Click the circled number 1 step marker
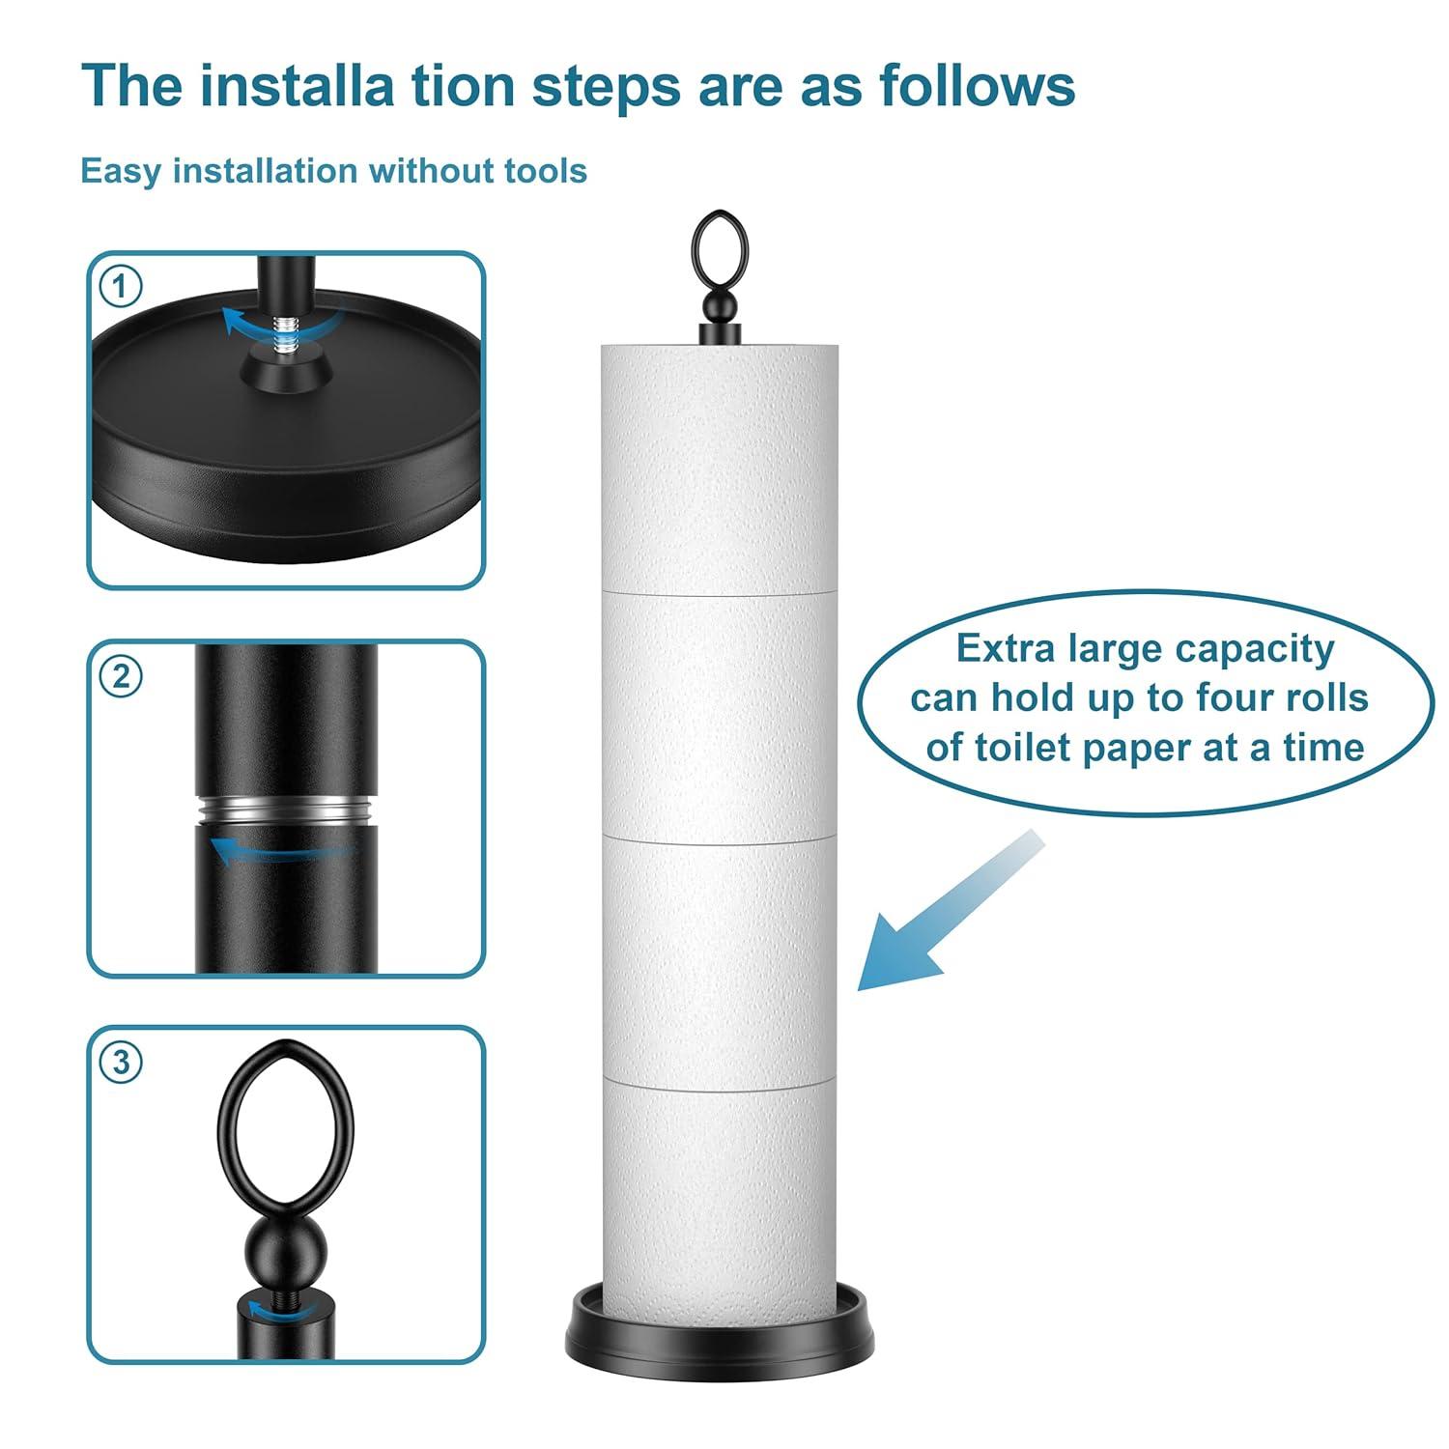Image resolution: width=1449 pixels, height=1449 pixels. tap(121, 287)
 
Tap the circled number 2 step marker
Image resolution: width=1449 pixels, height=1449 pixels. tap(121, 676)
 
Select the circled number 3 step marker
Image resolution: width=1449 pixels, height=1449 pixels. tap(121, 1062)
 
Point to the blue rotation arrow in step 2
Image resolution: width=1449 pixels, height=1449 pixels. tap(280, 850)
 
